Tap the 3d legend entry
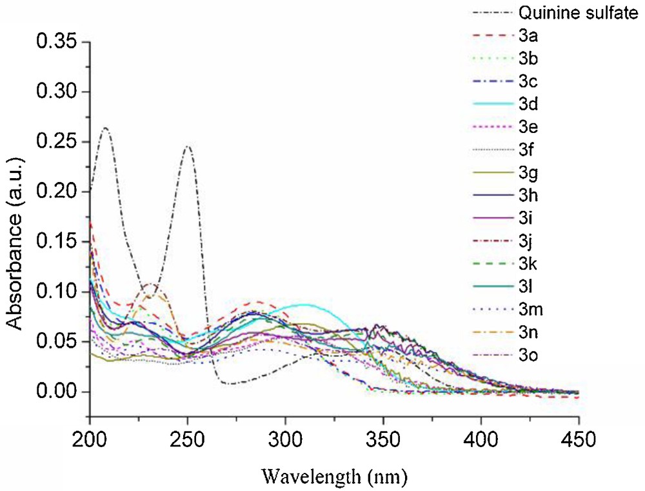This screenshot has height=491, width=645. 526,105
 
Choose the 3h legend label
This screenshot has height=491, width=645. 526,195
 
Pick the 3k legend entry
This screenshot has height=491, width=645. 526,265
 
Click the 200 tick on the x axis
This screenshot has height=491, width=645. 90,439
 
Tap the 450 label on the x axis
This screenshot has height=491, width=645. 579,439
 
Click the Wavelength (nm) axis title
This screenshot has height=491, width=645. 334,476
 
